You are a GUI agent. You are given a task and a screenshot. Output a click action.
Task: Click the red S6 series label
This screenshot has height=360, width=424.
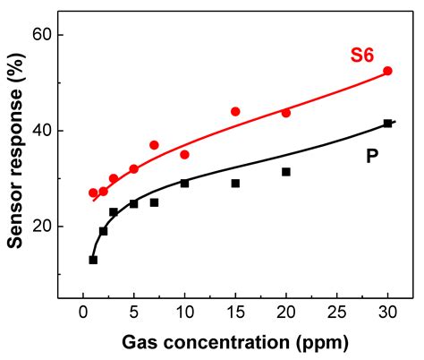click(x=362, y=56)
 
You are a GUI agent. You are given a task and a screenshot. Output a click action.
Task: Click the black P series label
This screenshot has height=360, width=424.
click(x=371, y=157)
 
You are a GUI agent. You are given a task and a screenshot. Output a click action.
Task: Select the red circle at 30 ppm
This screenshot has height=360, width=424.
click(x=387, y=71)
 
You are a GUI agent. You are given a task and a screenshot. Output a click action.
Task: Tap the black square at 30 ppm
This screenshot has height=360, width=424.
click(x=387, y=124)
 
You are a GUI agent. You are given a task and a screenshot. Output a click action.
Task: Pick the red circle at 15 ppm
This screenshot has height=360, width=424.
click(x=235, y=112)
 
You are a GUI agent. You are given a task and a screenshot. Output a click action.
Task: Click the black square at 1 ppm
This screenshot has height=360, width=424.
click(x=93, y=260)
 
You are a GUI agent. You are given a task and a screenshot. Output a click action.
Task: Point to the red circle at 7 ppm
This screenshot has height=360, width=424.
click(x=154, y=145)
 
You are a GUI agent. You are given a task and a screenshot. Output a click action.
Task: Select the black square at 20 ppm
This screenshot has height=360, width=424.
click(x=286, y=172)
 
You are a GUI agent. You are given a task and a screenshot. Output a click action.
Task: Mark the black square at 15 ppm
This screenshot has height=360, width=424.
click(x=235, y=184)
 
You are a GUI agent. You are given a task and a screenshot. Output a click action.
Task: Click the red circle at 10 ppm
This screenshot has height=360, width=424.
click(x=184, y=155)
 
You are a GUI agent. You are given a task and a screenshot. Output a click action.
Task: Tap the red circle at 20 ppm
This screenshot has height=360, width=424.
click(x=286, y=113)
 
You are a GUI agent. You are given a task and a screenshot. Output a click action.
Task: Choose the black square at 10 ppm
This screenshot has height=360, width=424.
click(x=184, y=184)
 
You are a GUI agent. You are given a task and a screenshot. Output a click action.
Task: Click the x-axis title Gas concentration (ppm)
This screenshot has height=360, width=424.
click(x=234, y=342)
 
